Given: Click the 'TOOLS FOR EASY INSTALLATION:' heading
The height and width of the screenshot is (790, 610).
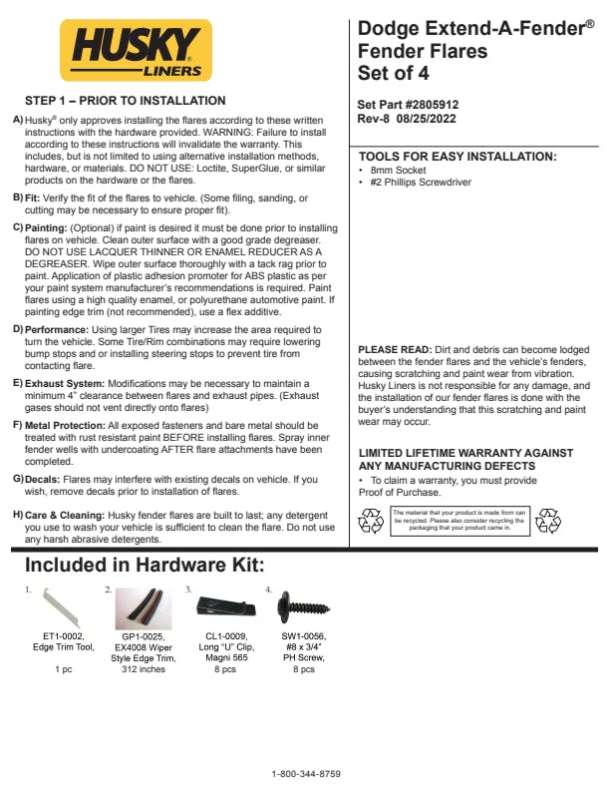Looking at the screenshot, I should (457, 158).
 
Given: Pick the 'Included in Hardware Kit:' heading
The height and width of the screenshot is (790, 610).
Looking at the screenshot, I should (145, 567).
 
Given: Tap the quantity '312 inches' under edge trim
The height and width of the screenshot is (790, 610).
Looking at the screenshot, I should (144, 670).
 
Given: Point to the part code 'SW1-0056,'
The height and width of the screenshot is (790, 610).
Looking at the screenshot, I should (303, 635).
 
